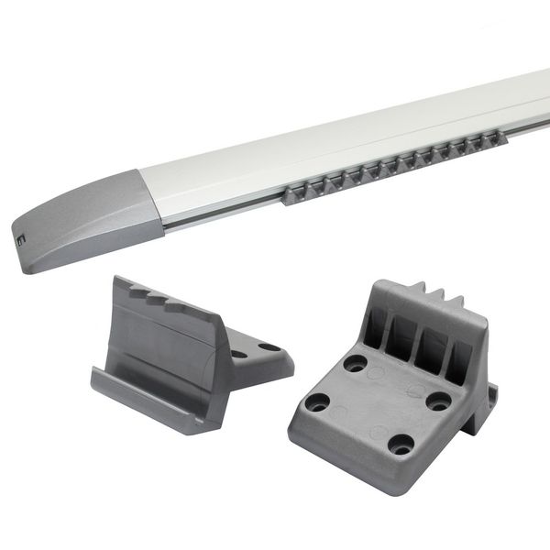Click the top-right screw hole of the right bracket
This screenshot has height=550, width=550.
440,401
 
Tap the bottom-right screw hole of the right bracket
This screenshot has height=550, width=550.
400,445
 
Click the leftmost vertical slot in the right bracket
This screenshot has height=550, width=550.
377,325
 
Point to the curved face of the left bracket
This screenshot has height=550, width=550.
160,344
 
